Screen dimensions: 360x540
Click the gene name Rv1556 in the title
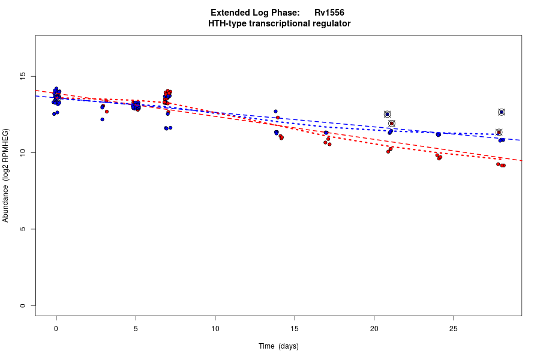(x=329, y=13)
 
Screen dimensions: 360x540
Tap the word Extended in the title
(x=229, y=13)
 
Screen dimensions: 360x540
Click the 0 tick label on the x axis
(x=56, y=328)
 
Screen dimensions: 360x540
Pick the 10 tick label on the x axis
(x=215, y=328)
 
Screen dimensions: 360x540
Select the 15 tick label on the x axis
(x=295, y=328)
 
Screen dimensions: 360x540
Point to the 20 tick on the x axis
(x=374, y=328)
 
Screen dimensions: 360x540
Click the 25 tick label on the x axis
(x=454, y=328)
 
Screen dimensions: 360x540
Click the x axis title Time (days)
(x=278, y=346)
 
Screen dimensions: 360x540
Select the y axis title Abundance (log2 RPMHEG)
(x=6, y=175)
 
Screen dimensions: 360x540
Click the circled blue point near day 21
(x=387, y=114)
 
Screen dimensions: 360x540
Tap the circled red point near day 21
(x=392, y=124)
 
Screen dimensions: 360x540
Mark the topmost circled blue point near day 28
(x=502, y=112)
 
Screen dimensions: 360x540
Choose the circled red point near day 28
(x=499, y=133)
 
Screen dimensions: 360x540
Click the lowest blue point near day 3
(x=102, y=119)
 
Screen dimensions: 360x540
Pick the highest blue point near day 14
(x=275, y=111)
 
